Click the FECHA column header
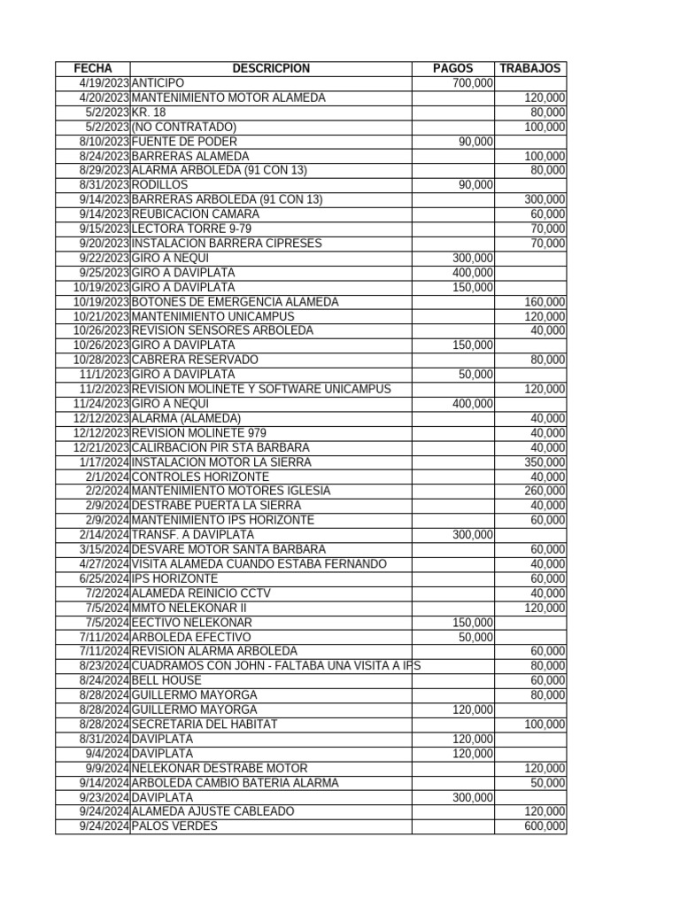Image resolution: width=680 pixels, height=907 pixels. point(92,69)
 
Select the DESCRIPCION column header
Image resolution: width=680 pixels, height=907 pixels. point(271,69)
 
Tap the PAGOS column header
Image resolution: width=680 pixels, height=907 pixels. point(452,69)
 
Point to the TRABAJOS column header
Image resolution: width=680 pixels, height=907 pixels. point(529,69)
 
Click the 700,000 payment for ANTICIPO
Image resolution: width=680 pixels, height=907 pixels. point(472,83)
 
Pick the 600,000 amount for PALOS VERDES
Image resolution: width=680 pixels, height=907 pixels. point(545,826)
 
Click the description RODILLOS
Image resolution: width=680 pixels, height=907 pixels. point(159,185)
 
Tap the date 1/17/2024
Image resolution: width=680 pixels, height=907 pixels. point(104,462)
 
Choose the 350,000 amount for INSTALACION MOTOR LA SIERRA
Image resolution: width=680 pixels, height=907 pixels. point(545,462)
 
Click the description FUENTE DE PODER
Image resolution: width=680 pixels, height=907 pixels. point(184,142)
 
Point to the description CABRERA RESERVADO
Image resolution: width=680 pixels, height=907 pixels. point(195,360)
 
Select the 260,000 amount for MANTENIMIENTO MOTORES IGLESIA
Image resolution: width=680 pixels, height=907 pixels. point(545,492)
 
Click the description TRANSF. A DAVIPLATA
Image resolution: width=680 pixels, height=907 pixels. point(192,535)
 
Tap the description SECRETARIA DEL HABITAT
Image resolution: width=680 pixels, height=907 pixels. point(205,725)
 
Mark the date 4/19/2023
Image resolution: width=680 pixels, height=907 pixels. point(104,83)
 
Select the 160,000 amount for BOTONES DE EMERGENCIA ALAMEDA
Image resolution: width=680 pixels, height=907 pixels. point(545,302)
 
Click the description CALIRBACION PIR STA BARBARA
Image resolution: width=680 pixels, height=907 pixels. point(220,448)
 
